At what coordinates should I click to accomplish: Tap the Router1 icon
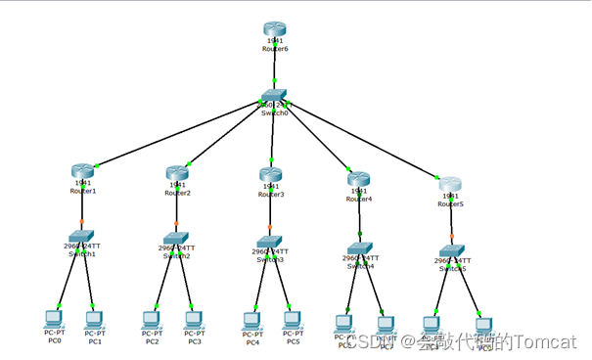(82, 171)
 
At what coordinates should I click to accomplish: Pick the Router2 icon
(177, 172)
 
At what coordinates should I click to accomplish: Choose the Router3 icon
(271, 174)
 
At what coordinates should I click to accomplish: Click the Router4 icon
(358, 179)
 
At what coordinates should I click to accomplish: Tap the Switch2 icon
(176, 238)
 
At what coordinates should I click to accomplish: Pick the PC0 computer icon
(54, 318)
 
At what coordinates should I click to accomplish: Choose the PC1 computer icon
(94, 318)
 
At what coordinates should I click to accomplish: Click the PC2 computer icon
(152, 319)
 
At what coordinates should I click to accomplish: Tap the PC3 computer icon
(193, 319)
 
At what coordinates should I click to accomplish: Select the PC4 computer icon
(252, 320)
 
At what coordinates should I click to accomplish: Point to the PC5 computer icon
(291, 319)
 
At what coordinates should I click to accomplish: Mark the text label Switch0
(274, 112)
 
